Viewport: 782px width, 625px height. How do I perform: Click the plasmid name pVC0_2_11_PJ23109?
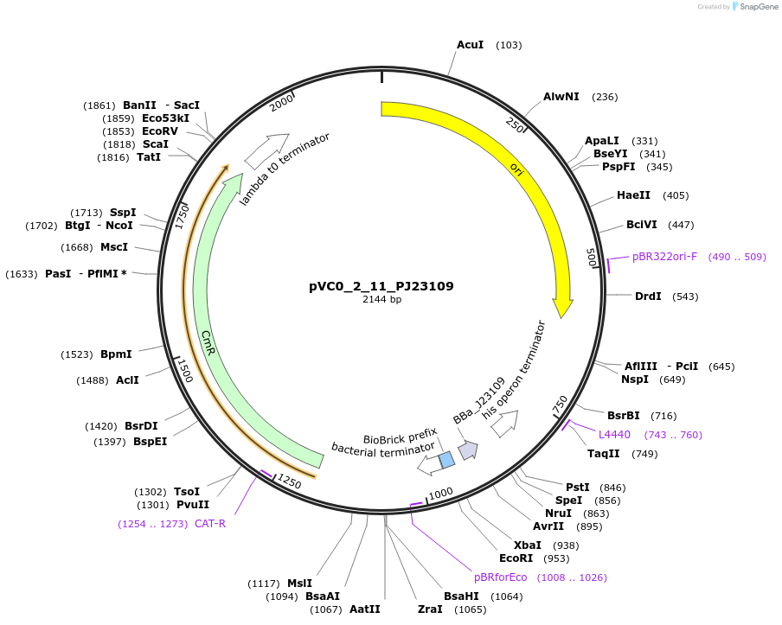[x=381, y=286]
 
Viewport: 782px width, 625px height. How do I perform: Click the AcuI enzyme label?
[x=470, y=44]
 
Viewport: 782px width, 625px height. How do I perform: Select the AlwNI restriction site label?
[x=561, y=97]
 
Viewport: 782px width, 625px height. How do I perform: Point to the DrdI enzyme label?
[x=648, y=297]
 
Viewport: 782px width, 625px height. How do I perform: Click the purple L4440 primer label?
[x=614, y=434]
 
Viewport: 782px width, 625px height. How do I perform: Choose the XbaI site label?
[x=528, y=545]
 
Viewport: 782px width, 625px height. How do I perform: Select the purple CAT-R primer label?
[x=210, y=523]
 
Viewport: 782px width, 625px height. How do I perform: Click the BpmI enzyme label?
[x=116, y=354]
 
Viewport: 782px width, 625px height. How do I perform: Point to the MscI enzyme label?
[x=114, y=247]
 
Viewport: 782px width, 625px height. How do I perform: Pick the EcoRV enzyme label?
[x=160, y=131]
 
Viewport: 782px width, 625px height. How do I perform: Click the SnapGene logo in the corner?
[x=754, y=7]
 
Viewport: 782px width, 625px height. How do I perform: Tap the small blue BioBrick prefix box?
[x=446, y=460]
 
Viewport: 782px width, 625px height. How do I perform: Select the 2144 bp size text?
[x=381, y=300]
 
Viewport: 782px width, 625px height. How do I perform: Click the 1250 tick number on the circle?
[x=290, y=482]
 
